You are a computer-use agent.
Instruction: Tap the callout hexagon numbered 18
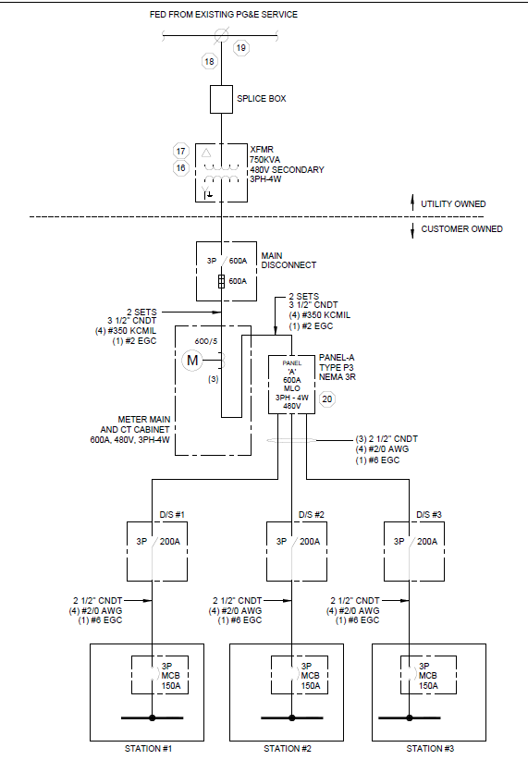pyautogui.click(x=210, y=62)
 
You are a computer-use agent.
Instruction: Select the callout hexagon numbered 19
pyautogui.click(x=241, y=48)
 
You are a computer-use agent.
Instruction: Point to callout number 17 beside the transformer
pyautogui.click(x=181, y=152)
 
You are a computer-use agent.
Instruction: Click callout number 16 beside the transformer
pyautogui.click(x=181, y=168)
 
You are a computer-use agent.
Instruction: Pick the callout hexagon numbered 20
pyautogui.click(x=327, y=398)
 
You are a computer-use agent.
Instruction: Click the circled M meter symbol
pyautogui.click(x=192, y=361)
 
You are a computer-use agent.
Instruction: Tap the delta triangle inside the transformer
pyautogui.click(x=206, y=153)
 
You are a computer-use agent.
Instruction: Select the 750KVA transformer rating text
pyautogui.click(x=264, y=159)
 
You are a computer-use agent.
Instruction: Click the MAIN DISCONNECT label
pyautogui.click(x=289, y=261)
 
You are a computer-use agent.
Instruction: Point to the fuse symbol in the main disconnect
pyautogui.click(x=221, y=282)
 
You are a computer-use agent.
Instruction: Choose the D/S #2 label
pyautogui.click(x=312, y=514)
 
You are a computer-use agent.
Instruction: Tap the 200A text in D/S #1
pyautogui.click(x=170, y=542)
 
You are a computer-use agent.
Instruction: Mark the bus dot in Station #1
pyautogui.click(x=153, y=717)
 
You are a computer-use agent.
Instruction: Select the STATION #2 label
pyautogui.click(x=288, y=749)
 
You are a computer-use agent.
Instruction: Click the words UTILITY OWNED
pyautogui.click(x=453, y=204)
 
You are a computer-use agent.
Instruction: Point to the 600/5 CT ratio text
pyautogui.click(x=206, y=341)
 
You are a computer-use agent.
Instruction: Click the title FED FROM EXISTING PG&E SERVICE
pyautogui.click(x=224, y=15)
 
